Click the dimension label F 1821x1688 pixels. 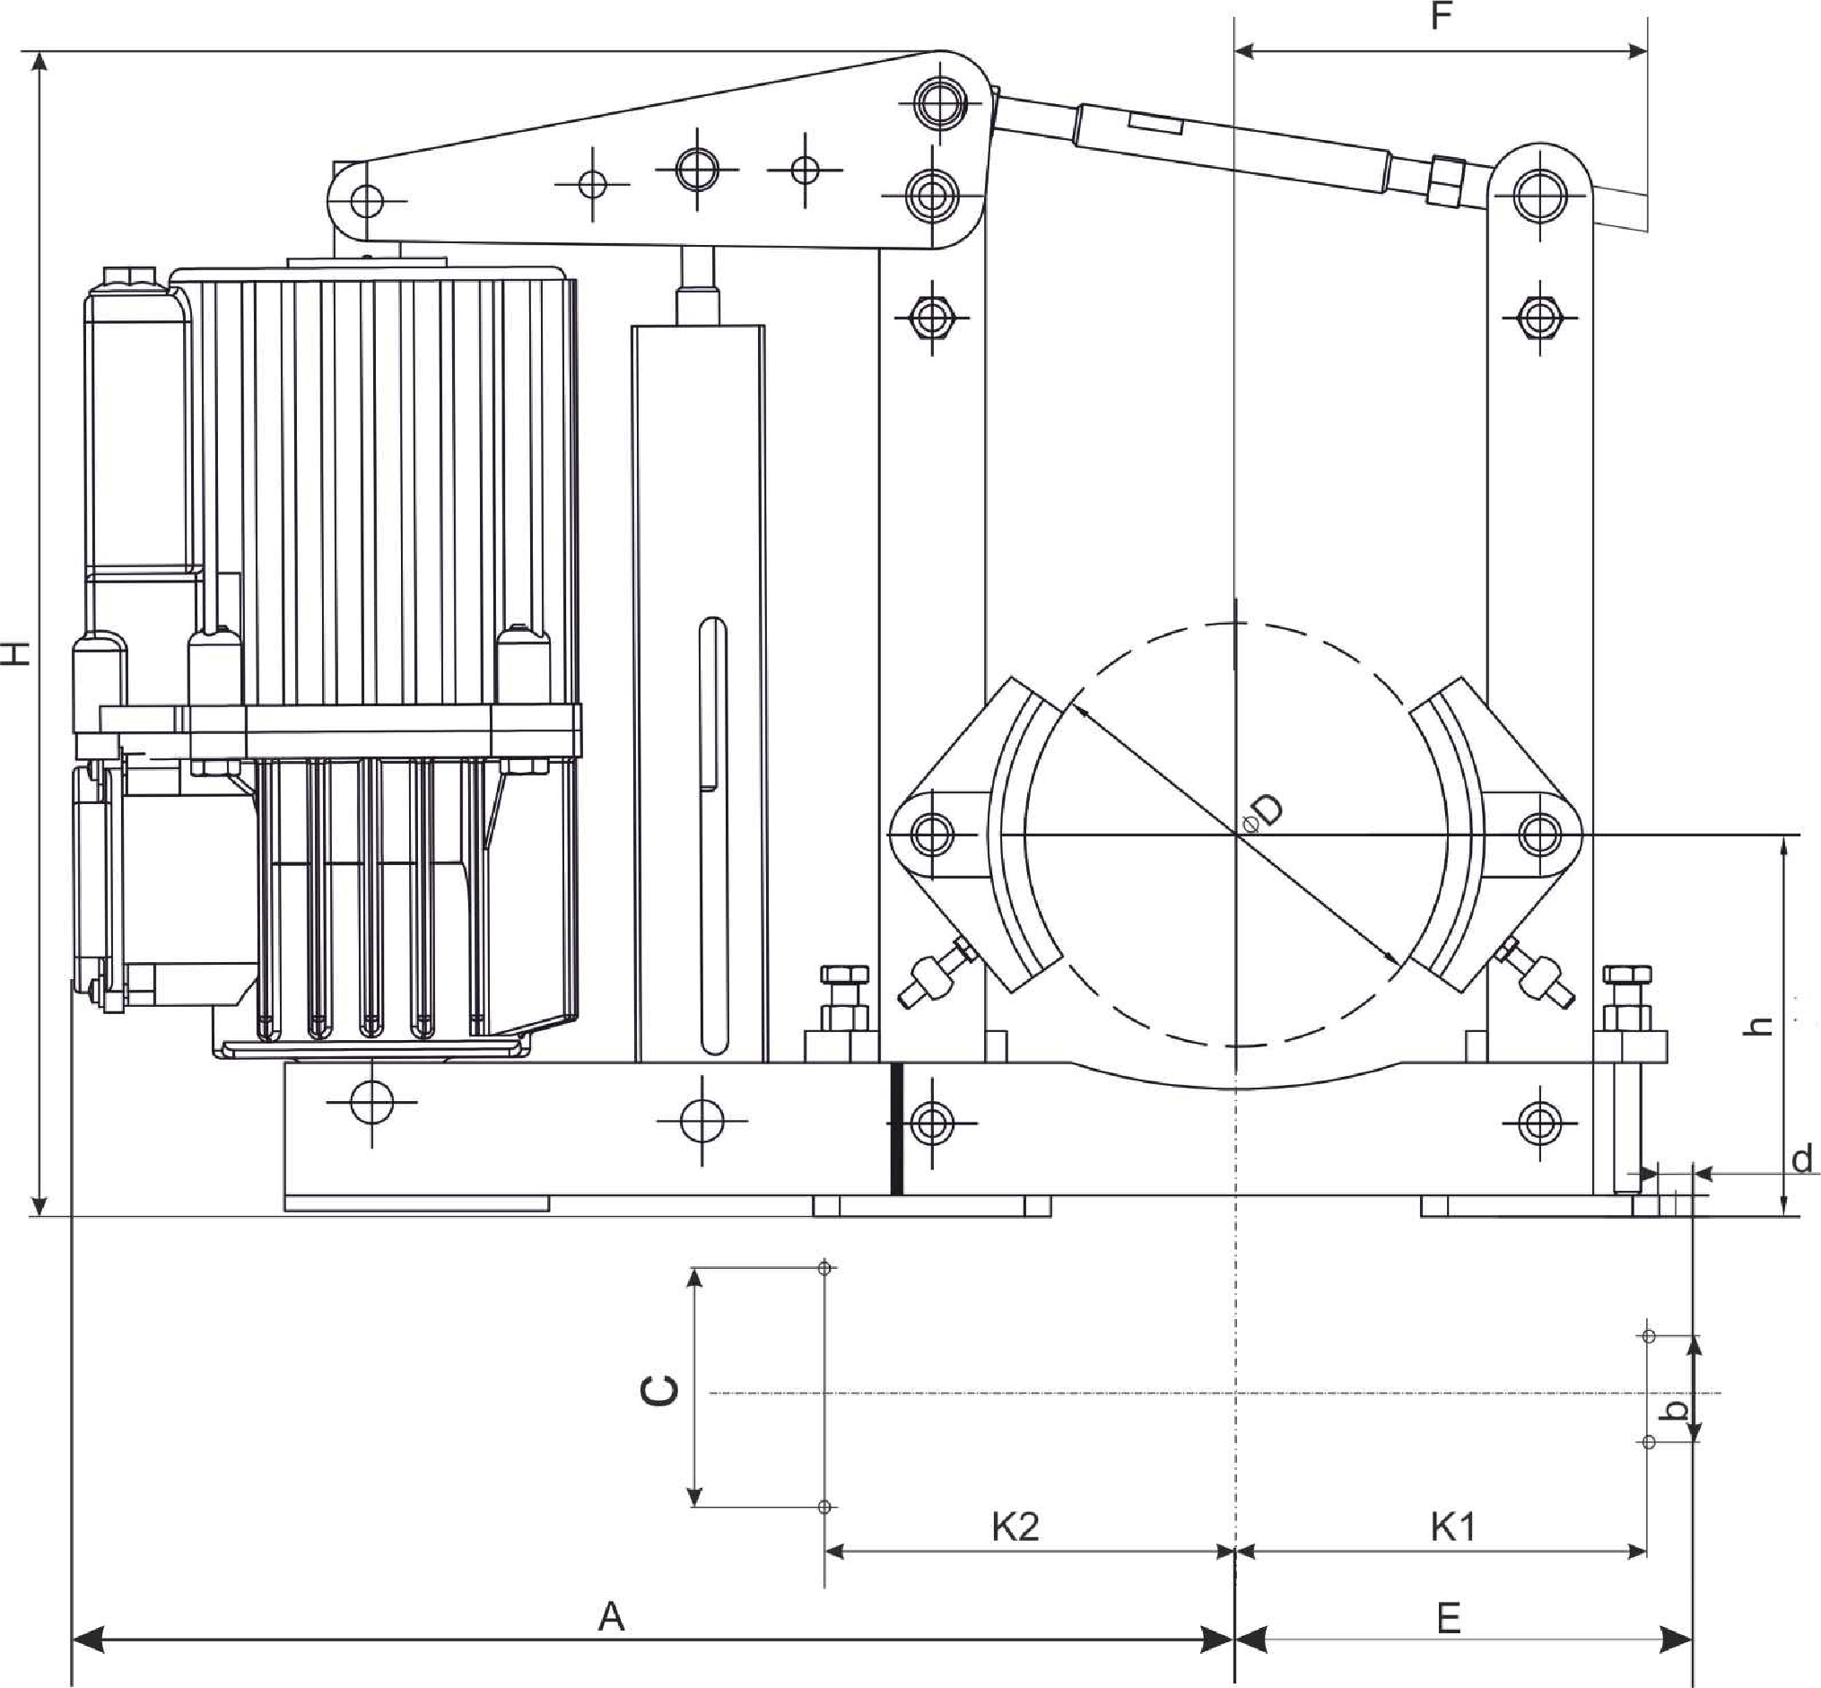tap(1440, 16)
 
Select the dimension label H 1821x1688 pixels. tap(17, 652)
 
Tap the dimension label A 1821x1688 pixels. tap(611, 1617)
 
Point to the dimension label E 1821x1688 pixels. tap(1449, 1618)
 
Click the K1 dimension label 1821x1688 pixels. tap(1452, 1526)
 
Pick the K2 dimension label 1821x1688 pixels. tap(1015, 1526)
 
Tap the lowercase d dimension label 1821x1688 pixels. tap(1801, 1159)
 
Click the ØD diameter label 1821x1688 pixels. tap(1265, 811)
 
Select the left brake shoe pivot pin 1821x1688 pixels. tap(930, 834)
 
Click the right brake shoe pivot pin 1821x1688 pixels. tap(1540, 833)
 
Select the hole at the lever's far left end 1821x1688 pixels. tap(367, 200)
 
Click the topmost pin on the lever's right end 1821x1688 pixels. tap(938, 99)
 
